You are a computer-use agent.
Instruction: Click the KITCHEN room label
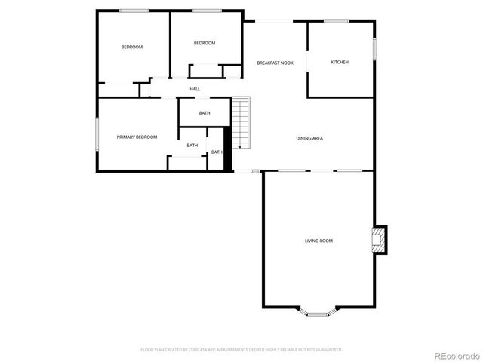(340, 62)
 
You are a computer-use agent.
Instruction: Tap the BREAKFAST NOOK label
(275, 63)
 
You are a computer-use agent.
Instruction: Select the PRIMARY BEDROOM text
(137, 137)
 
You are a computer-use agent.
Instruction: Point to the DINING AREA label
(309, 138)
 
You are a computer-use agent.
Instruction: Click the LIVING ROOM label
(318, 241)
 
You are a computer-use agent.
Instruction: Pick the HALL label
(195, 89)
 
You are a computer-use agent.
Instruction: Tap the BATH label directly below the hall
(205, 113)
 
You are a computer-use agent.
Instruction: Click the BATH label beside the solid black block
(217, 152)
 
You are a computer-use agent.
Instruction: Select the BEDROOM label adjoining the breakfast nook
(205, 43)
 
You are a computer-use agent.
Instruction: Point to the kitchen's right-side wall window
(374, 48)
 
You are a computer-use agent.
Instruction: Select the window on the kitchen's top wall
(336, 21)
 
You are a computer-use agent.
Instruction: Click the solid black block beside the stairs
(227, 150)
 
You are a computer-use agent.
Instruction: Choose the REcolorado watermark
(454, 354)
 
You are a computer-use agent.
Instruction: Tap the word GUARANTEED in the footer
(328, 350)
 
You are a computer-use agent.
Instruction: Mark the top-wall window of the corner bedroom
(134, 11)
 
